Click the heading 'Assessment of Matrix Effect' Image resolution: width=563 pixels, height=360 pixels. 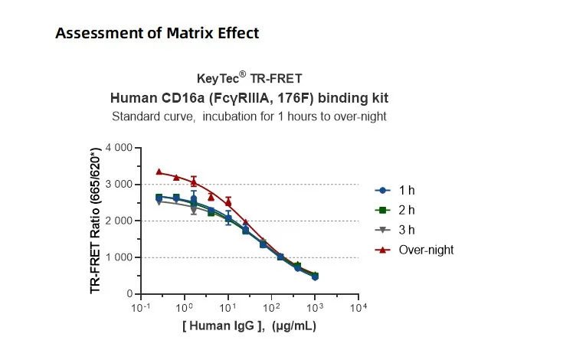(x=157, y=34)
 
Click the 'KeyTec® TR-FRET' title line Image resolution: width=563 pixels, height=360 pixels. (x=249, y=77)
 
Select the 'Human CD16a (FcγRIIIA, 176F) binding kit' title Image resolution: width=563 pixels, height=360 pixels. (x=249, y=98)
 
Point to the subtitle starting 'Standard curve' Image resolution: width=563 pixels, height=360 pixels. (x=249, y=116)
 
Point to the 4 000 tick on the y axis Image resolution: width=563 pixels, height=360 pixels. (x=118, y=147)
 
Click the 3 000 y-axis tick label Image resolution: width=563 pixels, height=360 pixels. (x=118, y=184)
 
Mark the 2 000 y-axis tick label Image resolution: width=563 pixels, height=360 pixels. (x=118, y=221)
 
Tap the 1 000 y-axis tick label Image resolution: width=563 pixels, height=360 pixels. (x=118, y=257)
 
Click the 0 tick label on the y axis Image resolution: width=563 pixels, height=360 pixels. (x=129, y=294)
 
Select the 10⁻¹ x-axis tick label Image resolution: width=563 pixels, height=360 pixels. (x=141, y=308)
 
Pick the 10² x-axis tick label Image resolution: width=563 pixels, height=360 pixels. (x=270, y=308)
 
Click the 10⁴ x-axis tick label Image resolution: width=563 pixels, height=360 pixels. (x=357, y=308)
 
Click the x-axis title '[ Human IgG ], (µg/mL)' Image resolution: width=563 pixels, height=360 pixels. (x=249, y=326)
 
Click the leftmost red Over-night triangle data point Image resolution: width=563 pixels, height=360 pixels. (x=159, y=172)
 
